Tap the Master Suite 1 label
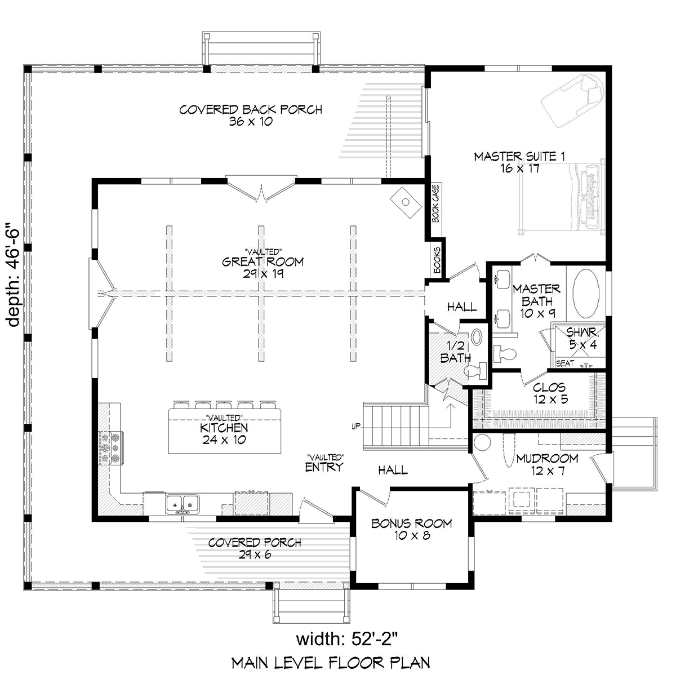tap(519, 162)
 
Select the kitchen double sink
tap(183, 504)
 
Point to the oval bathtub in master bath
tap(586, 295)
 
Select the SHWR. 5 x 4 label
tap(583, 338)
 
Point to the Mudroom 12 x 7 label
tap(547, 464)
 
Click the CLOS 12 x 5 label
tap(550, 393)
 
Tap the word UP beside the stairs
tap(356, 427)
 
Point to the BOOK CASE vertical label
tap(436, 203)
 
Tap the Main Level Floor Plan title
tap(331, 663)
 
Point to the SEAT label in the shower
tap(565, 363)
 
